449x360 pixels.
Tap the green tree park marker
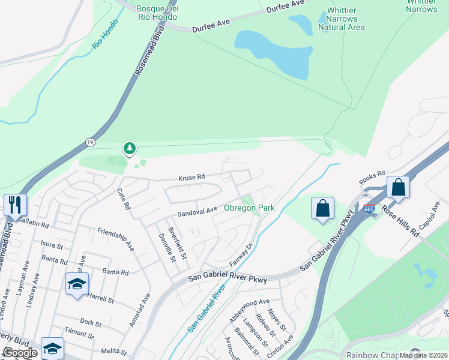(x=128, y=148)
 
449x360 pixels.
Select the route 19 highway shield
(x=89, y=142)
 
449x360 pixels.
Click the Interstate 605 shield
(x=369, y=208)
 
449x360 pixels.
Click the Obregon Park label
(x=249, y=208)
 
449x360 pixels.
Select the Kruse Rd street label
(x=192, y=177)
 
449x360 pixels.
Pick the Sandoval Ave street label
(x=197, y=212)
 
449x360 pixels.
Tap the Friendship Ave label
(x=116, y=237)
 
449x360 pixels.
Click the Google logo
(x=20, y=353)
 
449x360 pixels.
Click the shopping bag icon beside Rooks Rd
(x=398, y=187)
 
